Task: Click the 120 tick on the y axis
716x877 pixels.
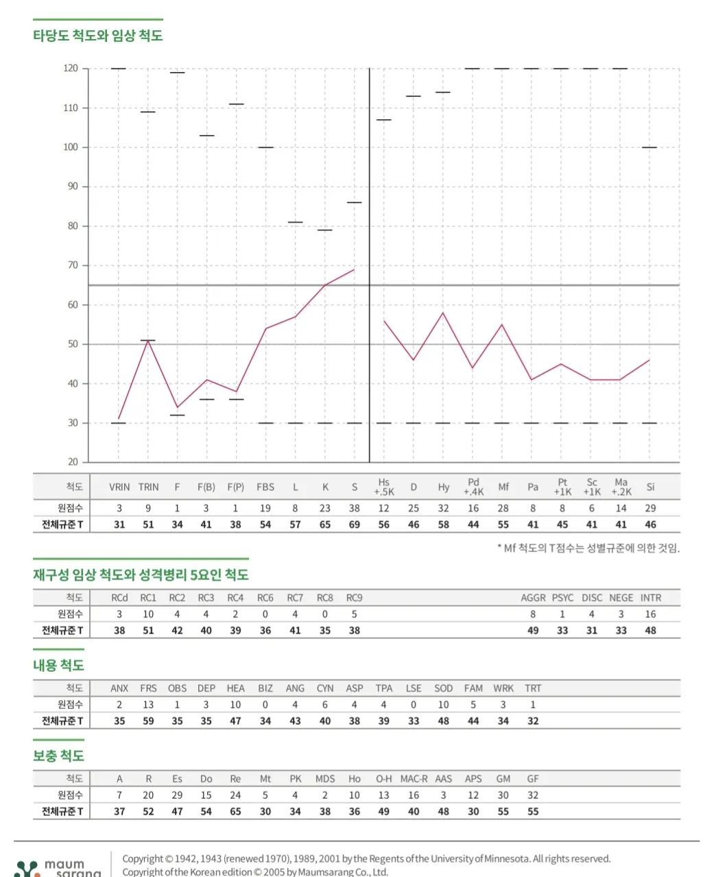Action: (71, 69)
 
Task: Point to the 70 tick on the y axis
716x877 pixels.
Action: (72, 265)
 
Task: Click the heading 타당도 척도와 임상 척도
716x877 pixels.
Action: (97, 36)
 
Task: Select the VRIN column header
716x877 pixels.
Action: (119, 488)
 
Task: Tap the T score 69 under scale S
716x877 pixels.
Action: (354, 525)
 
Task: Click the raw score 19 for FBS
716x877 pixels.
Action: (265, 508)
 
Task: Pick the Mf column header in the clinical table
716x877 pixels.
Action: (503, 488)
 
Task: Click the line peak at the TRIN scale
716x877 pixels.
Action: (147, 340)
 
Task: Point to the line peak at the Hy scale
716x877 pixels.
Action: (443, 313)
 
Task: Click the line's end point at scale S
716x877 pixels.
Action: (354, 269)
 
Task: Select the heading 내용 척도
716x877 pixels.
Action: (58, 665)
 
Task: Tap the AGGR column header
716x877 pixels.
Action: (533, 598)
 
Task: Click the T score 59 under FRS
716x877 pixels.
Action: (148, 721)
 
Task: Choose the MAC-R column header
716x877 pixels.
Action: (414, 779)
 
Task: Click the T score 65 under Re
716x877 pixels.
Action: (235, 811)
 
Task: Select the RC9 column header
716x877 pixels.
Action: (354, 598)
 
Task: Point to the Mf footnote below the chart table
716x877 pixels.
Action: (588, 548)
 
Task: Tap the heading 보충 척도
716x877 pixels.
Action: (58, 756)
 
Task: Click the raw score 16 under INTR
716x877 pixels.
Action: (650, 614)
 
